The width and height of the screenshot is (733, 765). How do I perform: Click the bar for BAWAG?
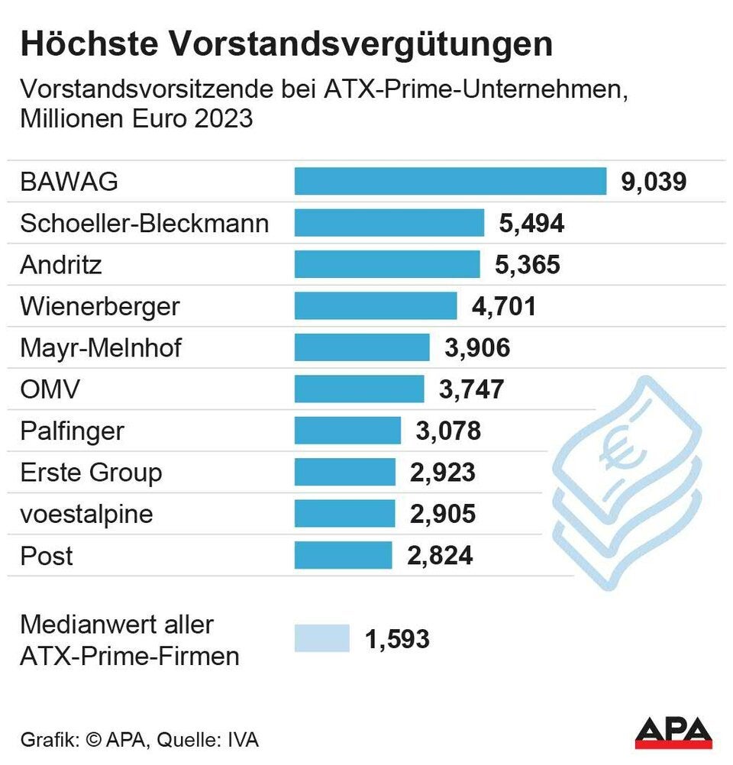(x=450, y=181)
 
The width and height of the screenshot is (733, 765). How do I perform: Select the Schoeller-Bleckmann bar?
(x=389, y=223)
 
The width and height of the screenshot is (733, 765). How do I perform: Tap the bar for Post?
(x=343, y=555)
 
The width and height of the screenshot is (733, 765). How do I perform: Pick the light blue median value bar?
(x=321, y=638)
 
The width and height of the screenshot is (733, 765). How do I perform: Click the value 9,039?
(x=654, y=182)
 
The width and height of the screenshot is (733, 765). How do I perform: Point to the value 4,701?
(x=503, y=306)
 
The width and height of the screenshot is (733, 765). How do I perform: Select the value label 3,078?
(x=448, y=431)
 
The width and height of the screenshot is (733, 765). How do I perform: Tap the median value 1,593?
(x=397, y=639)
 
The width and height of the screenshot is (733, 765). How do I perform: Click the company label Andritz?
(x=61, y=265)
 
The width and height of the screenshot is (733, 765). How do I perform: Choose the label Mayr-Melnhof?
(x=102, y=348)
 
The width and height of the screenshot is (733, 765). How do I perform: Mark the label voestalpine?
(x=86, y=514)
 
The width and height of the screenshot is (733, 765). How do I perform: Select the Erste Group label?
(x=91, y=473)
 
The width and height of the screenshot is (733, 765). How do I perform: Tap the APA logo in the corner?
(x=673, y=732)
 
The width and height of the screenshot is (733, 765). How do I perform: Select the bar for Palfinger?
(x=347, y=431)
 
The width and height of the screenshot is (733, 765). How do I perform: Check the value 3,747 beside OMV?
(x=471, y=389)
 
